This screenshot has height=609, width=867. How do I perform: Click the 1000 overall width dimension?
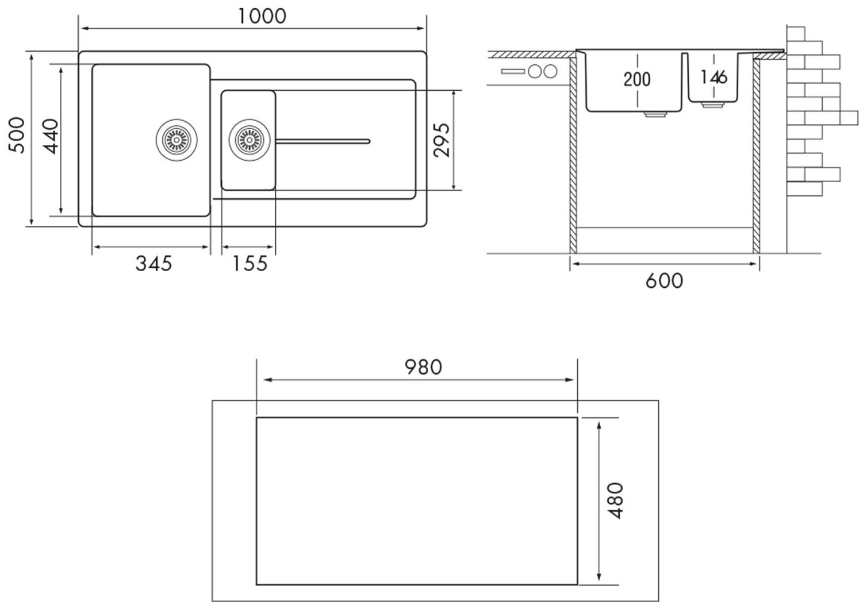coord(262,16)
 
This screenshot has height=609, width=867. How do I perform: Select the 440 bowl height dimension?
coord(51,136)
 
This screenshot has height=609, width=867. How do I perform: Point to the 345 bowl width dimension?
coord(154,264)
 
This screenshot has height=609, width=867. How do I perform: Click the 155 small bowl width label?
coord(250,264)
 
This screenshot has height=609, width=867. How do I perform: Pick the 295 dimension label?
coord(441,139)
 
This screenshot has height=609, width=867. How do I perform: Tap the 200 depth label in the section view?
coord(637,79)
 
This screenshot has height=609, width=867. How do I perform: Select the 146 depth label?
coord(715,76)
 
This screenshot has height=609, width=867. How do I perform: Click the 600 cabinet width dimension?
coord(664,281)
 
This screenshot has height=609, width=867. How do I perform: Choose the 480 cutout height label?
coord(616,500)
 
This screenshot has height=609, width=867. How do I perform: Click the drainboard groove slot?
coord(323,140)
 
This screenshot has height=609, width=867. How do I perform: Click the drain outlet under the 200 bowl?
coord(654,114)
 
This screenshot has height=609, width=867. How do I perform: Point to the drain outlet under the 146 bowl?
coord(715,105)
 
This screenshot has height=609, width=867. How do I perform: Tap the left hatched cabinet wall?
coord(573,155)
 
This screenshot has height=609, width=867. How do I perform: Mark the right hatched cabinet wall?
coord(756,155)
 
